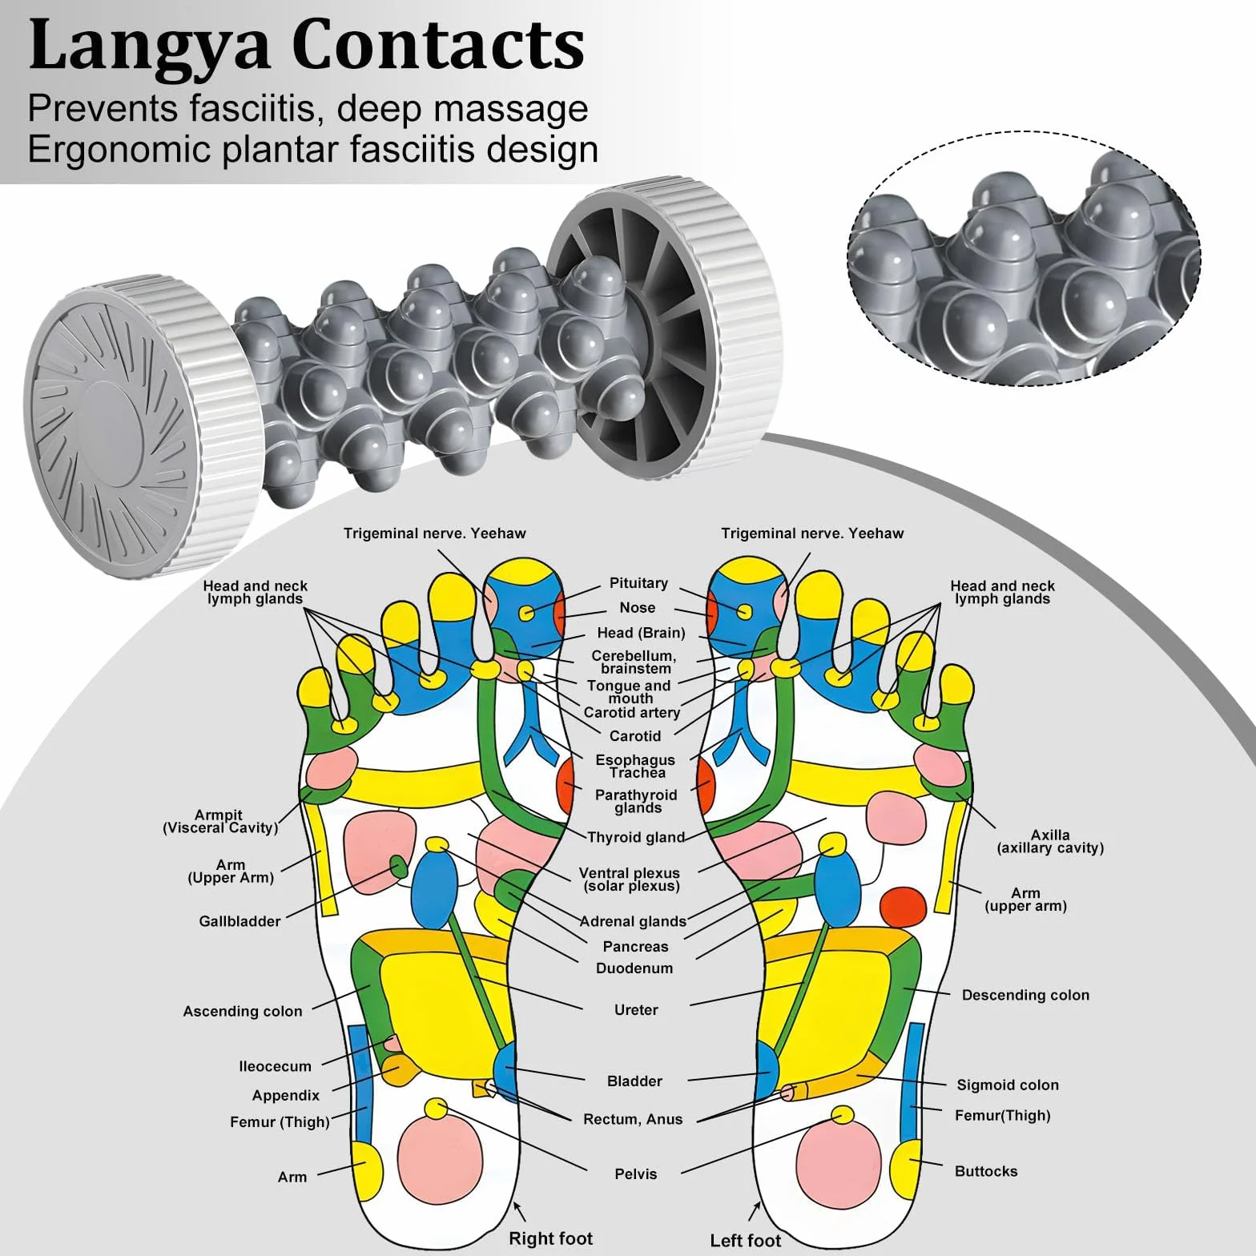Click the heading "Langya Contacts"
coord(306,46)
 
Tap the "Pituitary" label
coord(638,583)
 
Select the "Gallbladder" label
coord(240,921)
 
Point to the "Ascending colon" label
coord(243,1011)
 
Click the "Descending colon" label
coord(1025,995)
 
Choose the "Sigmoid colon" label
coord(1008,1085)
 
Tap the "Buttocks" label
coord(986,1171)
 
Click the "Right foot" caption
coord(550,1238)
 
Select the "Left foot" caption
coord(745,1241)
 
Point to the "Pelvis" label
coord(635,1174)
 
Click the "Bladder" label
coord(634,1081)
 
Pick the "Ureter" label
coord(636,1010)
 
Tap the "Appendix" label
coord(286,1095)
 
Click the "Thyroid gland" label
coord(636,837)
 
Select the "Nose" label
coord(638,608)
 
